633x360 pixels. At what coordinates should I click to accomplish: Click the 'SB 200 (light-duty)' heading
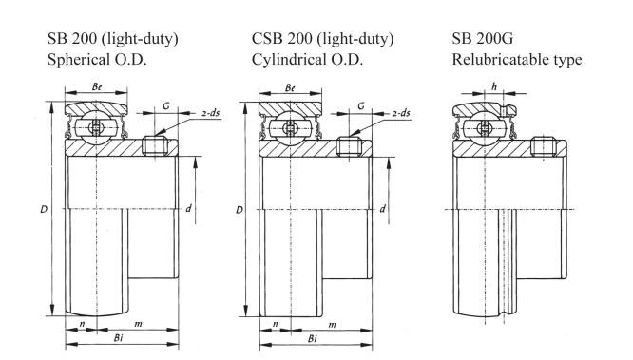(x=113, y=39)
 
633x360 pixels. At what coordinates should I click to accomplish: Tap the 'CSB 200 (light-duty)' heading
(x=322, y=39)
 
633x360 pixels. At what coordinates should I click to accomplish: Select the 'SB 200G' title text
(x=483, y=38)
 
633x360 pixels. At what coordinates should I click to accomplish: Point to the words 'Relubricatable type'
(x=517, y=60)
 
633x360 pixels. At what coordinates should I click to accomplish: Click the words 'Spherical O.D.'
(x=97, y=60)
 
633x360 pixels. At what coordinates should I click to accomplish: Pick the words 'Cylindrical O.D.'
(x=307, y=60)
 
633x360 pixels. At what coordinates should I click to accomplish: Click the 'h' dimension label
(x=494, y=86)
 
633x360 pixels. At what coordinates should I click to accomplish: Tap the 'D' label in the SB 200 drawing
(x=44, y=209)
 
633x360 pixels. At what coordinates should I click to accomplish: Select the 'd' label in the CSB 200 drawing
(x=382, y=209)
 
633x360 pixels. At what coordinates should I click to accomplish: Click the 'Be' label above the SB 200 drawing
(x=97, y=86)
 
